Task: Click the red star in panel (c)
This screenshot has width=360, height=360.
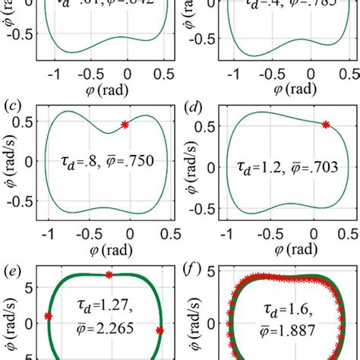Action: click(126, 124)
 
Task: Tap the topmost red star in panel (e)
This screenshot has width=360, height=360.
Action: click(109, 274)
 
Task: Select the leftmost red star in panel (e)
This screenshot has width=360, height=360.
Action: click(49, 316)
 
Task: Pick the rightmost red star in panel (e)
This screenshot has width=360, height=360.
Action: click(159, 330)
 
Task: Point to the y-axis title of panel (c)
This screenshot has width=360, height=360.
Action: click(8, 161)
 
